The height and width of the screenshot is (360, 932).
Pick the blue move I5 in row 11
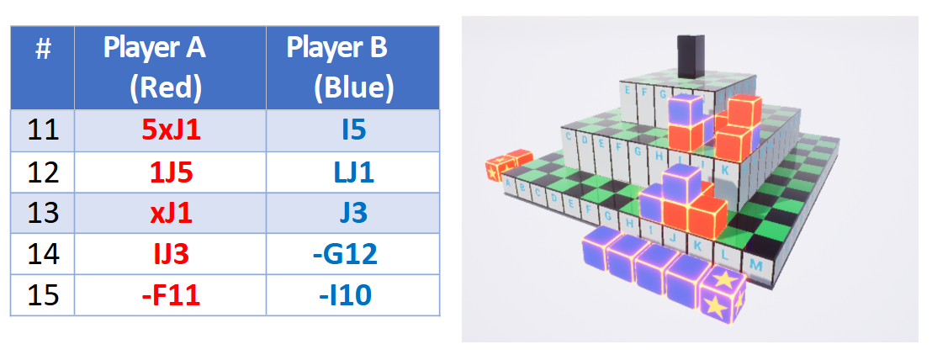(x=352, y=130)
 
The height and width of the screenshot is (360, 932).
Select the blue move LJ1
(x=352, y=172)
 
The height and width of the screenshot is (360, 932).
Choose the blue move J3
(x=352, y=213)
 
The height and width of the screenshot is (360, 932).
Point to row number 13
(x=43, y=213)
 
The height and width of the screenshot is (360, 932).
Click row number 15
(x=43, y=295)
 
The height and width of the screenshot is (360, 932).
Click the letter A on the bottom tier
(x=504, y=188)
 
